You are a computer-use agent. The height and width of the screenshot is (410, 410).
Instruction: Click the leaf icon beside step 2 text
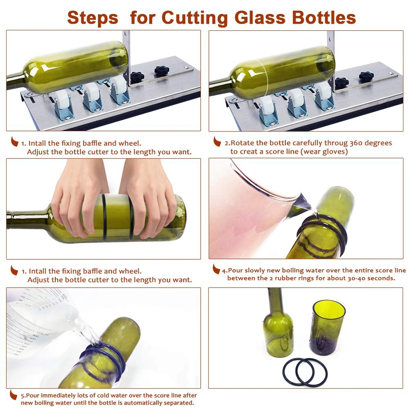217,142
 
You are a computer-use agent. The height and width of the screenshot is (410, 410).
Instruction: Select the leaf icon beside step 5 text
14,395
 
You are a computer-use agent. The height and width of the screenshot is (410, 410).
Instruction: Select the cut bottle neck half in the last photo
278,328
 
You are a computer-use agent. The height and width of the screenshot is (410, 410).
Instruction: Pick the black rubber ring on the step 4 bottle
324,233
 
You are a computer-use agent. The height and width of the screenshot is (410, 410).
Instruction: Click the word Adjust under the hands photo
38,280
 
